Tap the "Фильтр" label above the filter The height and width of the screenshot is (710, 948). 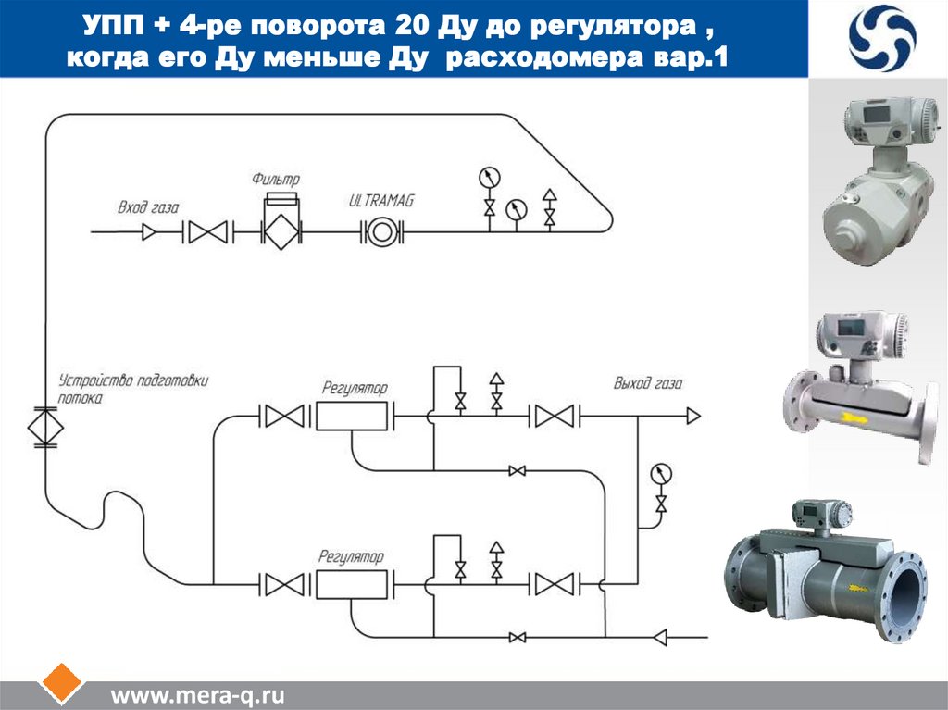coord(277,178)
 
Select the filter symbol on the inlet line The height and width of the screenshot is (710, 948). coord(280,231)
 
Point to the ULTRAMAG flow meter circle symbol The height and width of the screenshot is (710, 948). coord(380,231)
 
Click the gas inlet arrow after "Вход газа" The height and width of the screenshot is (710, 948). coord(148,231)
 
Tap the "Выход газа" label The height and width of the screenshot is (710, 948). coord(648,382)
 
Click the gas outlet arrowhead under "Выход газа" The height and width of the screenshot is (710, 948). coord(692,416)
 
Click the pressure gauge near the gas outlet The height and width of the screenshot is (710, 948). coord(662,473)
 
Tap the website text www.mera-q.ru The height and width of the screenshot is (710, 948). coord(198,695)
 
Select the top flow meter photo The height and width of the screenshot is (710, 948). coord(879,176)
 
